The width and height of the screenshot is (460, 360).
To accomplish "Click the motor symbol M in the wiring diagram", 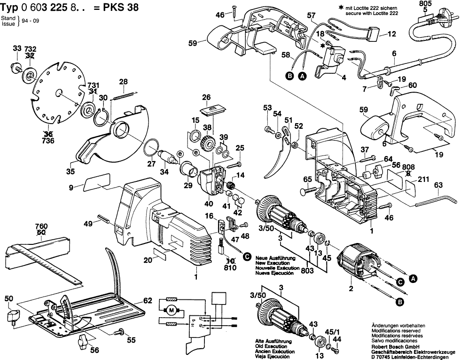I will click(171, 310).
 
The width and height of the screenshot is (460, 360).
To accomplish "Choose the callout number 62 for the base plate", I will click(148, 299).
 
